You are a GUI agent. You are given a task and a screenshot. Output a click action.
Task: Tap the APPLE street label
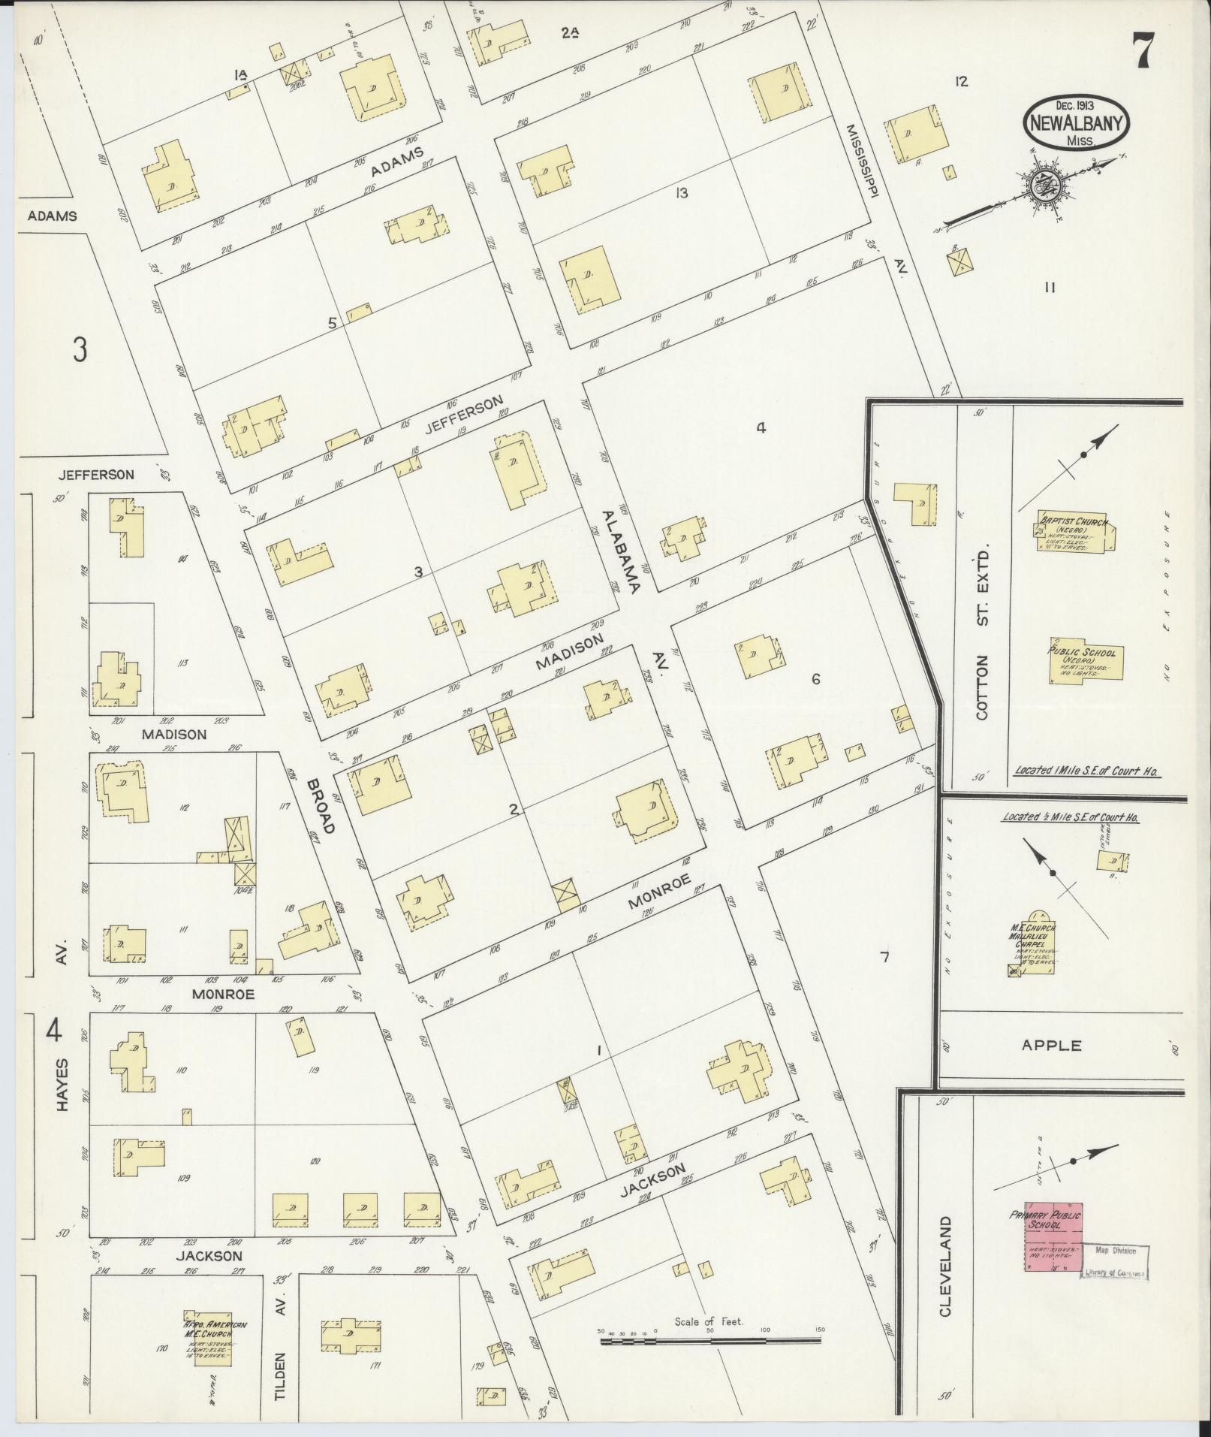coord(1061,1045)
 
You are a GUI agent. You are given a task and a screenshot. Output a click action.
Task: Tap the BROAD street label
coord(321,805)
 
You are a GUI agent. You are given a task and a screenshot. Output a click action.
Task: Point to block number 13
coord(681,193)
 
